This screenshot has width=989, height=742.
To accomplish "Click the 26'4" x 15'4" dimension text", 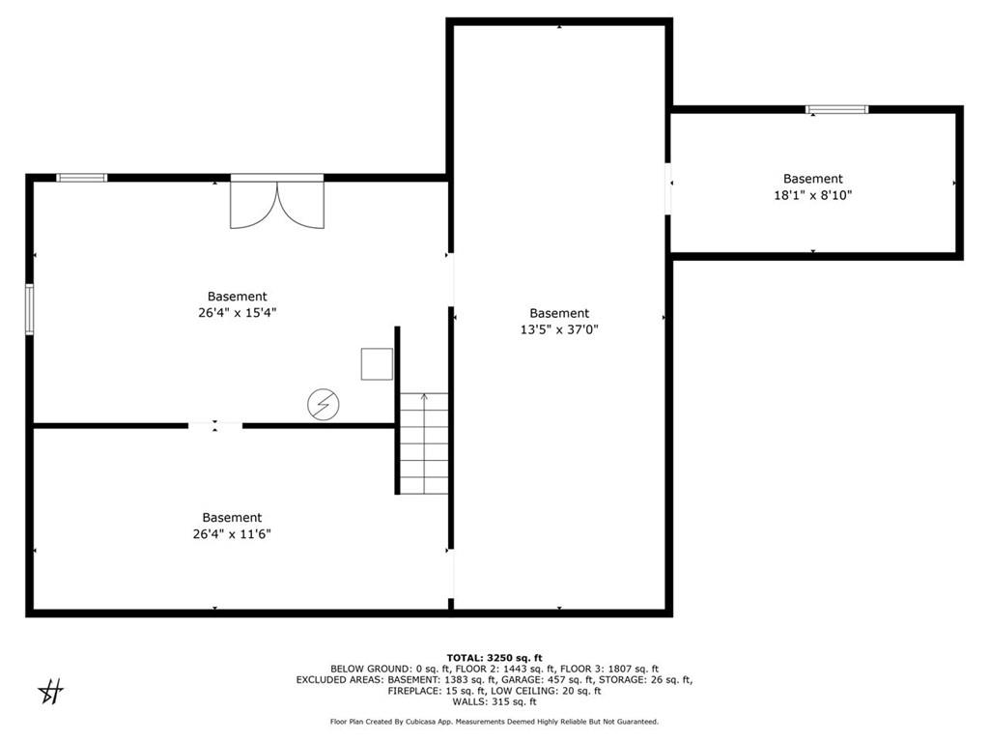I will click(x=237, y=313).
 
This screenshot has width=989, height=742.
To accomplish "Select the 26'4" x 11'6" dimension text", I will click(x=232, y=534).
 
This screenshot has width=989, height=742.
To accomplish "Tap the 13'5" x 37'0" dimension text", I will click(x=559, y=329).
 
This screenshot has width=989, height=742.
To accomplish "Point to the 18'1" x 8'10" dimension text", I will click(x=812, y=195).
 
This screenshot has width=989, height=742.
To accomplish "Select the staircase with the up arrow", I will click(x=424, y=443).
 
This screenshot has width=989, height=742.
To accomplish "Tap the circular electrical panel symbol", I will click(x=322, y=405).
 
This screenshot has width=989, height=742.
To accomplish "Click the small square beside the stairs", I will click(x=377, y=363).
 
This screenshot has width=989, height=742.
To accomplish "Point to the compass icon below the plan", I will click(x=50, y=692).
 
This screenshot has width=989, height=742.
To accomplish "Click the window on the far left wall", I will click(x=30, y=309).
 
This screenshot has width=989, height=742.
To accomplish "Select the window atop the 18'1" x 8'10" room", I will click(x=837, y=109).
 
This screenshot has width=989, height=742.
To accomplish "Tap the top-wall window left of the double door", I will click(x=81, y=178).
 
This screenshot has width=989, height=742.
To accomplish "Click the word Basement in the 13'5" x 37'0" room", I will click(x=559, y=313).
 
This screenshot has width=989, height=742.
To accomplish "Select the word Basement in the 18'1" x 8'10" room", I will click(x=812, y=179).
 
